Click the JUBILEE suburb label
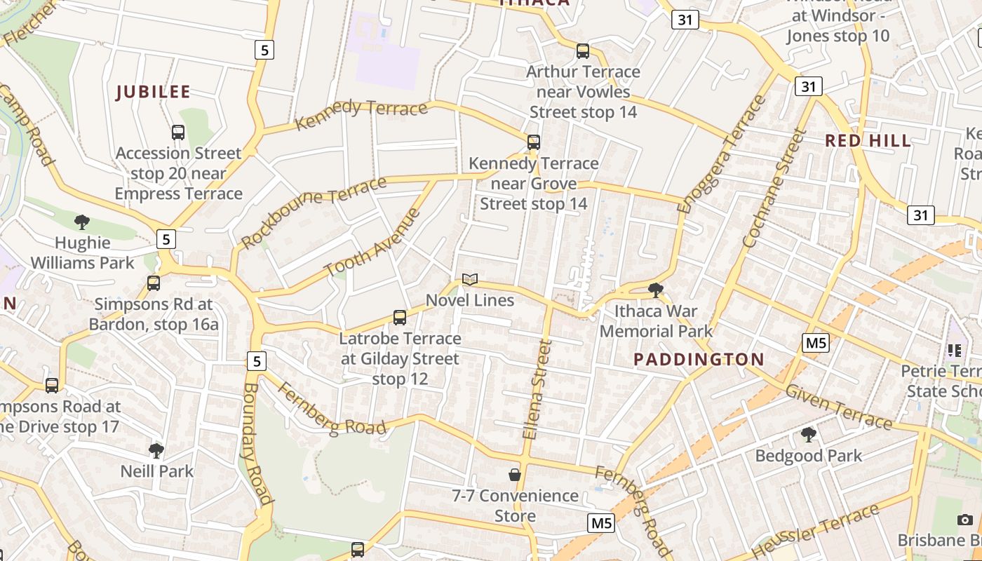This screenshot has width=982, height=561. click(153, 92)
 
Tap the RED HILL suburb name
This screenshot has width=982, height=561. click(868, 140)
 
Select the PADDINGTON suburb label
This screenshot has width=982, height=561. click(699, 360)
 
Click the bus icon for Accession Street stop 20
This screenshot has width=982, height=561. click(178, 132)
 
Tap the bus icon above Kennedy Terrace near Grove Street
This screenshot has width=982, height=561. click(534, 142)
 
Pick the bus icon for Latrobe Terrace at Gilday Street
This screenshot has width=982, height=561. click(400, 318)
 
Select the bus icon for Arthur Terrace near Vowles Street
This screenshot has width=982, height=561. click(583, 50)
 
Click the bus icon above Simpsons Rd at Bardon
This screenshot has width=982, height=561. click(154, 283)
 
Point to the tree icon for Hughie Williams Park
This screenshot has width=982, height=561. click(82, 222)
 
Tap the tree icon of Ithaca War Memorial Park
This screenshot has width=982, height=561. click(656, 290)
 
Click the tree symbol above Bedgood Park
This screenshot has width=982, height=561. click(808, 435)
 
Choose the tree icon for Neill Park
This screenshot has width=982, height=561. click(156, 450)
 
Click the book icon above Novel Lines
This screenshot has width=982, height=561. click(470, 280)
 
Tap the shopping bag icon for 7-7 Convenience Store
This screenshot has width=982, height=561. click(515, 475)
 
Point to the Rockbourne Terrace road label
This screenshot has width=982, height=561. click(314, 212)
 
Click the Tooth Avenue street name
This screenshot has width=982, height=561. click(372, 242)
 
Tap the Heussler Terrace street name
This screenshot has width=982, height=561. click(814, 531)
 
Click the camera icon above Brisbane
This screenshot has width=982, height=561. click(965, 520)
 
